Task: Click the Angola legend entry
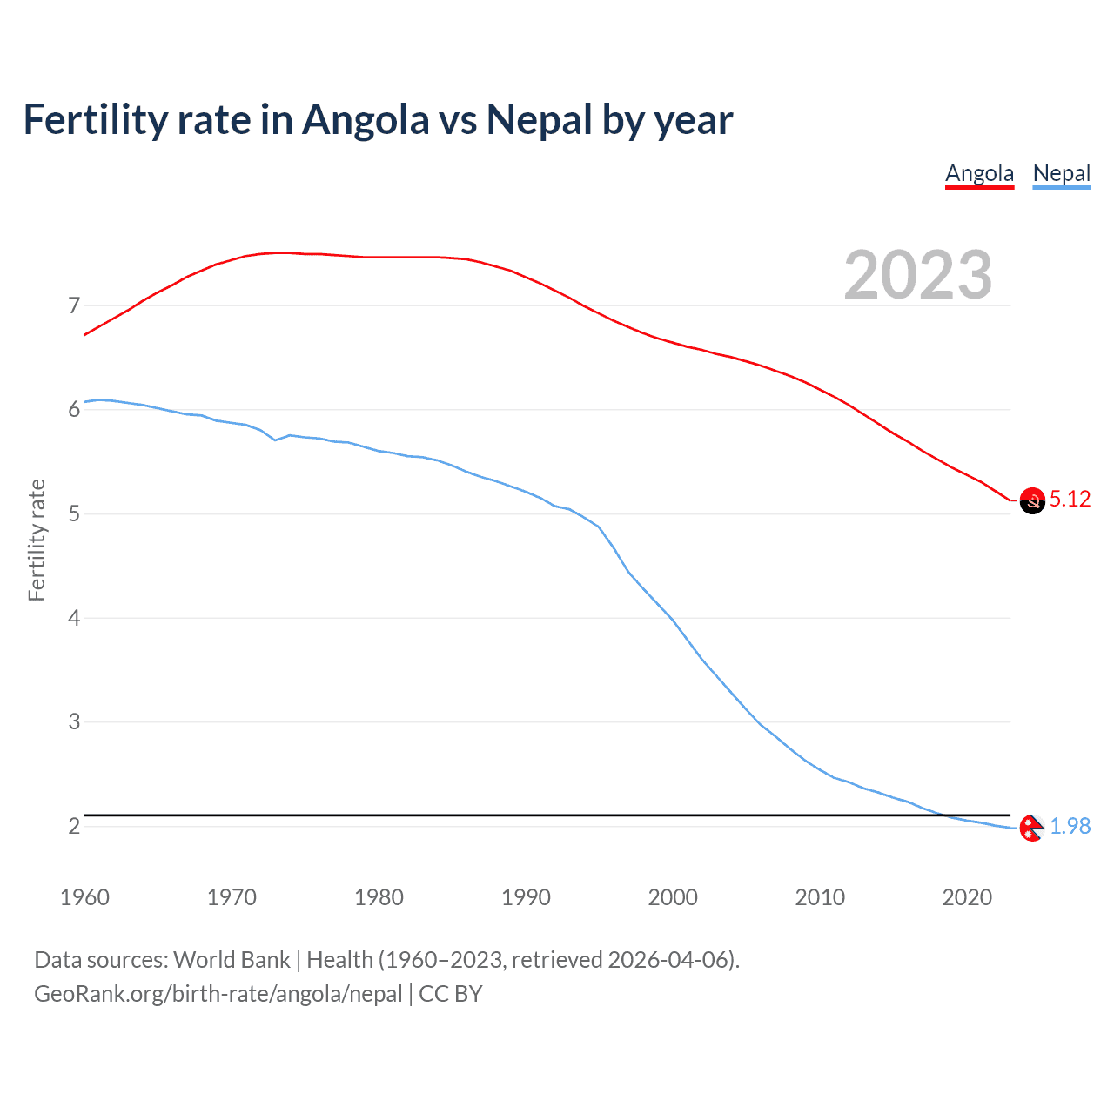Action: (x=979, y=173)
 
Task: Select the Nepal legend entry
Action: (x=1061, y=173)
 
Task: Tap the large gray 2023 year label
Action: (x=917, y=275)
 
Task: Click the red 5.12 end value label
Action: (x=1070, y=499)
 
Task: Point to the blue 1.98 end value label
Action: (x=1070, y=826)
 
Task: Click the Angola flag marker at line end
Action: (x=1032, y=500)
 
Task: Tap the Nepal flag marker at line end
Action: (x=1031, y=828)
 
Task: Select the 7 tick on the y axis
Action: (x=74, y=305)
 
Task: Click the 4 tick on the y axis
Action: (x=74, y=618)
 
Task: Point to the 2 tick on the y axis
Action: (x=74, y=826)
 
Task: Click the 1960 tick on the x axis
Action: (x=84, y=897)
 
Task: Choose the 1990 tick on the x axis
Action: (x=526, y=897)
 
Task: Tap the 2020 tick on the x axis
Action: (x=967, y=897)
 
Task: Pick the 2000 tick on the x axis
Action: (x=673, y=897)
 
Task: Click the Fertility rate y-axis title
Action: (x=37, y=540)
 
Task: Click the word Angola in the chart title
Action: (x=366, y=119)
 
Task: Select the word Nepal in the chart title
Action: (x=539, y=119)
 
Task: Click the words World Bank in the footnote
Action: (x=232, y=960)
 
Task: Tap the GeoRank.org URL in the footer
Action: (x=218, y=994)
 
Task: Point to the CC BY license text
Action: (x=451, y=994)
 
